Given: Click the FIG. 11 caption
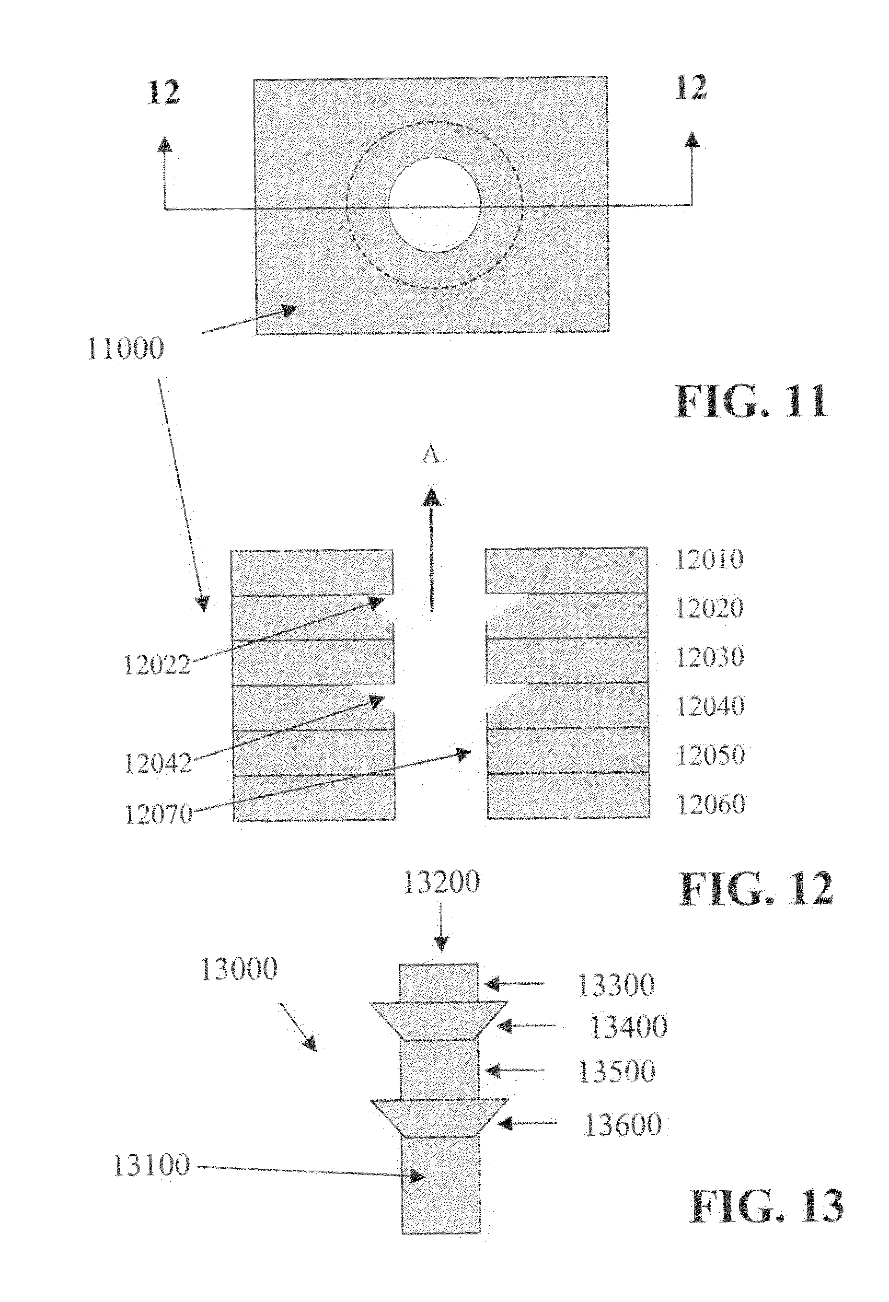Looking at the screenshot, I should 750,401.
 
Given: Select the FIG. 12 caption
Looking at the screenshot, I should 756,890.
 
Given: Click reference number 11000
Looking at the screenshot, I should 126,349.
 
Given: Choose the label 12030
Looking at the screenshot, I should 710,657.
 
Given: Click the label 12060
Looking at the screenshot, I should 710,804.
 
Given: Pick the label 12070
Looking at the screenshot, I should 159,814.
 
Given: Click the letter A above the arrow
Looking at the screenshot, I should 430,455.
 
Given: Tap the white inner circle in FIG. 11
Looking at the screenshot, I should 435,205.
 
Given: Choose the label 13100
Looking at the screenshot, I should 152,1166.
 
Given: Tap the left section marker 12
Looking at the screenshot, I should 163,92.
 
